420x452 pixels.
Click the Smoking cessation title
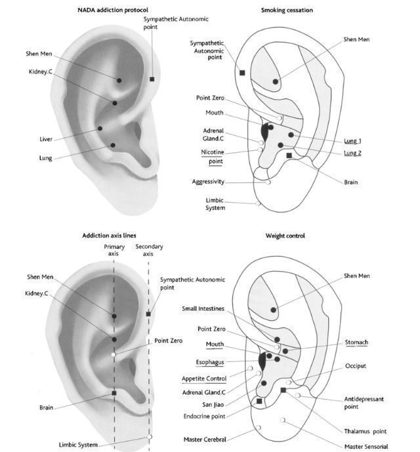pos(287,10)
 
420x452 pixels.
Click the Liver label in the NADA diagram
pos(45,139)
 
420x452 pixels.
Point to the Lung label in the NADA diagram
pos(45,157)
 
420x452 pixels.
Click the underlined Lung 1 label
pos(353,141)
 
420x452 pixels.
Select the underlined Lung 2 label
pos(353,154)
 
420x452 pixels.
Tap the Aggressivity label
pos(208,182)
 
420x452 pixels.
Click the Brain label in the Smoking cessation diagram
pos(350,182)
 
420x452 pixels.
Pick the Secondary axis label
pos(149,250)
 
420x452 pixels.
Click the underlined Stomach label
pos(356,342)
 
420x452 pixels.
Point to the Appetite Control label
pos(204,379)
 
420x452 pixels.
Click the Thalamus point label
pos(365,431)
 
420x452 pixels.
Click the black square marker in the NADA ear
pos(152,79)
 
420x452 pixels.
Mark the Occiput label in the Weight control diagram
pos(355,365)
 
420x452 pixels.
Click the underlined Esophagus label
pos(211,361)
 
